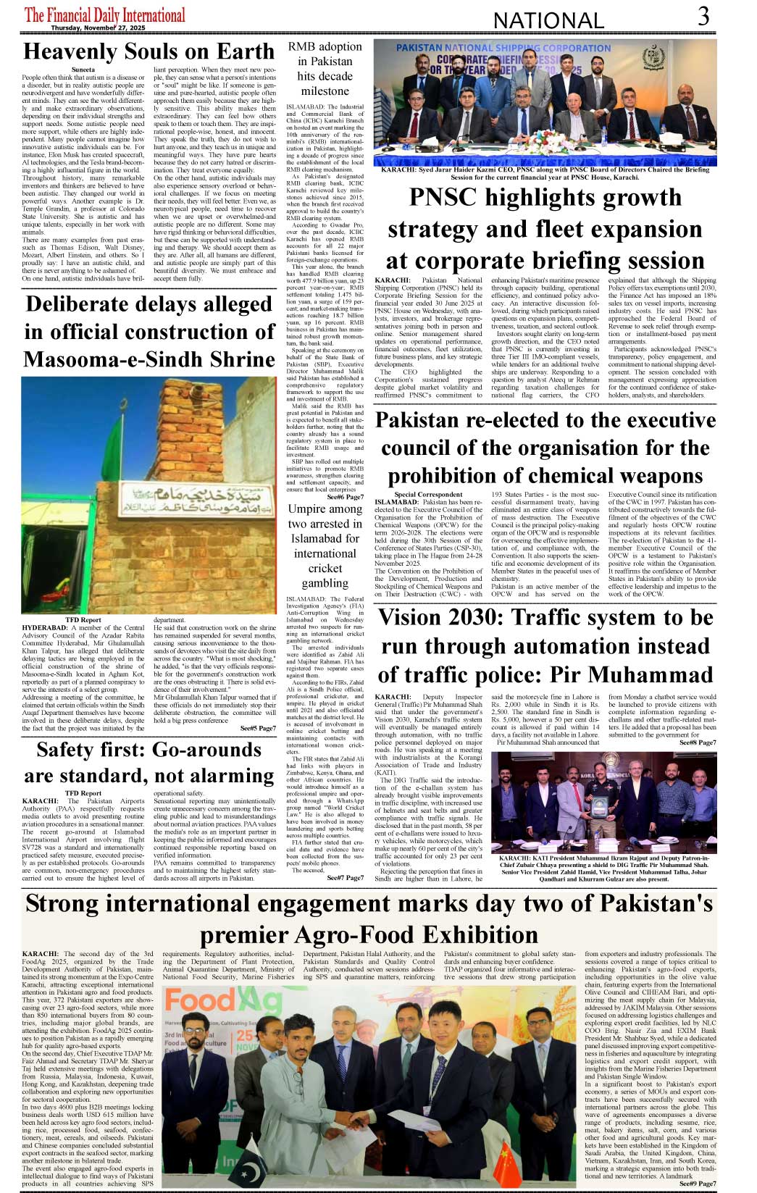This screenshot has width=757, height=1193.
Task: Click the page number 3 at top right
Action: pyautogui.click(x=703, y=16)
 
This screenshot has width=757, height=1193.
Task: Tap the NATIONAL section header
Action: pyautogui.click(x=548, y=20)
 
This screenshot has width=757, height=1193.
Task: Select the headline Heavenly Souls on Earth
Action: pyautogui.click(x=149, y=51)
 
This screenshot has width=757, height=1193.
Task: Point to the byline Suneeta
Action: pyautogui.click(x=83, y=70)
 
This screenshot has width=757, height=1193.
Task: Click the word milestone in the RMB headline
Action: pyautogui.click(x=325, y=91)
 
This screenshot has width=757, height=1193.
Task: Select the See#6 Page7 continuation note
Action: pyautogui.click(x=345, y=498)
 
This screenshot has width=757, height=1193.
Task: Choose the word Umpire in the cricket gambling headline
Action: pyautogui.click(x=306, y=509)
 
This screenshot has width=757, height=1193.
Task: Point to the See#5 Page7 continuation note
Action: pyautogui.click(x=258, y=728)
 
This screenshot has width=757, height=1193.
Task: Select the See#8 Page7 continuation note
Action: pyautogui.click(x=698, y=742)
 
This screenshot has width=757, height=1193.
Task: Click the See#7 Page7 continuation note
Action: pyautogui.click(x=345, y=878)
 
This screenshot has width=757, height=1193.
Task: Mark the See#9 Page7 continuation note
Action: pyautogui.click(x=698, y=1184)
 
